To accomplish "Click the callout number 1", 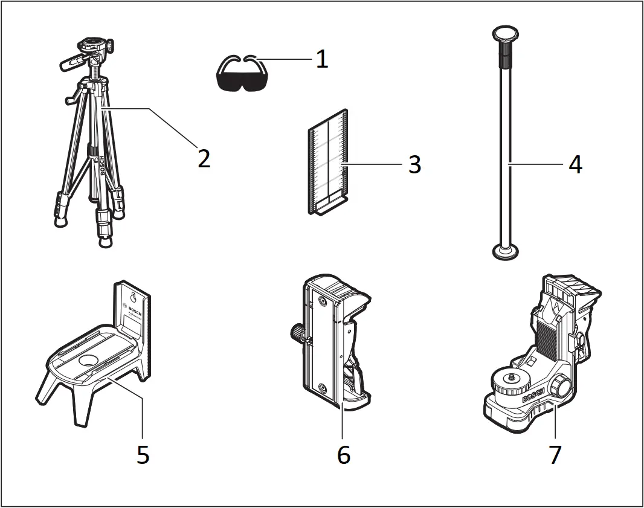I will [322, 59].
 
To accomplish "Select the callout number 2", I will [204, 158].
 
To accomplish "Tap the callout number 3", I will [414, 164].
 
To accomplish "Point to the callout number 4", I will [575, 164].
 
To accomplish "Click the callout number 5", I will [143, 454].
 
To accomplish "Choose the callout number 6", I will [343, 454].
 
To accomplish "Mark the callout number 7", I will [555, 454].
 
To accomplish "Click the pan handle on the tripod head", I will [69, 62].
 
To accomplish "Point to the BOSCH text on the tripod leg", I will [101, 165].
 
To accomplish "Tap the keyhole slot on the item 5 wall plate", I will [133, 297].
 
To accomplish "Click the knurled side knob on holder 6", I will [295, 332].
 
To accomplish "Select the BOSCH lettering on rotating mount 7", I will [533, 396].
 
